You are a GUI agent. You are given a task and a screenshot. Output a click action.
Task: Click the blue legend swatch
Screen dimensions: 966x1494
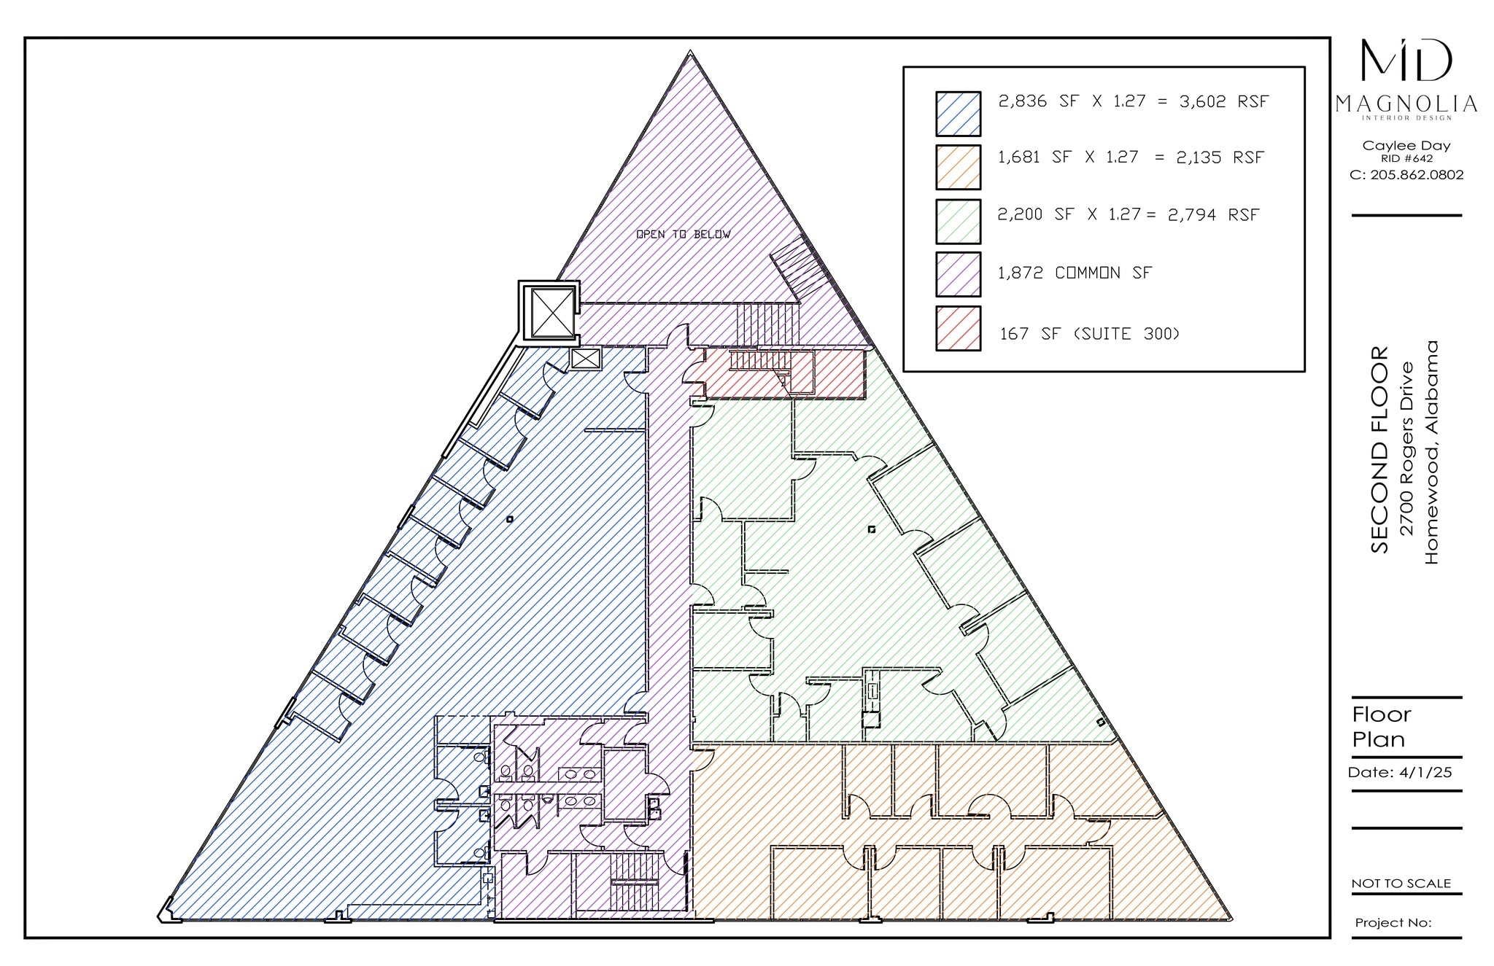pyautogui.click(x=958, y=114)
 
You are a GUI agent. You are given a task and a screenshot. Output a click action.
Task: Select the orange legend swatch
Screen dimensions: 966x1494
pyautogui.click(x=958, y=167)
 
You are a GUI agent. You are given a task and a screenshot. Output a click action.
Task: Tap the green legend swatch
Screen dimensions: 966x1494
pyautogui.click(x=958, y=222)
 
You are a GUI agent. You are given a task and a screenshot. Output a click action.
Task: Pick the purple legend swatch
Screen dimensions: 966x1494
pyautogui.click(x=958, y=274)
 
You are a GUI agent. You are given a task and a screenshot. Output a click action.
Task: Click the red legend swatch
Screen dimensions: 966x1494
pyautogui.click(x=958, y=329)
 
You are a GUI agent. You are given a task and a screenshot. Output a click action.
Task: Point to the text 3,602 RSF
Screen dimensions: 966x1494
pyautogui.click(x=1224, y=101)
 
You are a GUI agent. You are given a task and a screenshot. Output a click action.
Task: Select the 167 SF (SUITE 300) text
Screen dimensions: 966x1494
pyautogui.click(x=1089, y=334)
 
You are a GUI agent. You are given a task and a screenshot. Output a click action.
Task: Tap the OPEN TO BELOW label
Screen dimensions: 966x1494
pyautogui.click(x=683, y=234)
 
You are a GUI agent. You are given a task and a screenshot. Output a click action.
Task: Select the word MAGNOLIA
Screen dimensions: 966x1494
pyautogui.click(x=1406, y=104)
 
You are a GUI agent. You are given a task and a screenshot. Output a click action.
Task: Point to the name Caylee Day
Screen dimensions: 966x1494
pyautogui.click(x=1406, y=145)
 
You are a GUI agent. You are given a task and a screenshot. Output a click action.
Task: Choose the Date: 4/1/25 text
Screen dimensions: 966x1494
pyautogui.click(x=1399, y=773)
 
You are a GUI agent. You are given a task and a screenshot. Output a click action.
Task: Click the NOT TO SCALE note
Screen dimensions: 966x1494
pyautogui.click(x=1401, y=883)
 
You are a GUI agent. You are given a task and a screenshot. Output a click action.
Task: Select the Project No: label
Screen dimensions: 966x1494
pyautogui.click(x=1393, y=922)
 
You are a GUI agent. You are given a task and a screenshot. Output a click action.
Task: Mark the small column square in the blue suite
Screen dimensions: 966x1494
pyautogui.click(x=510, y=519)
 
